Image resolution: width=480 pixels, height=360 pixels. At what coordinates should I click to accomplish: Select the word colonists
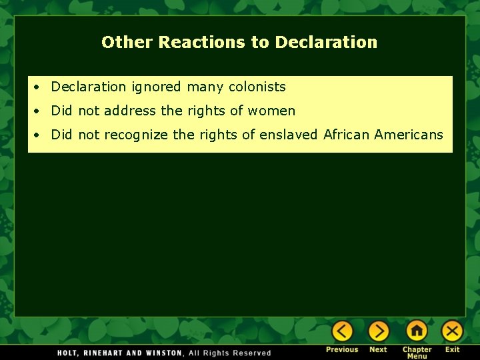pos(257,87)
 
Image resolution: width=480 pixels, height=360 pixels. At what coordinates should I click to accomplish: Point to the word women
pos(271,111)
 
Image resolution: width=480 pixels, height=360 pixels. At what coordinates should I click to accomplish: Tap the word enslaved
pos(289,135)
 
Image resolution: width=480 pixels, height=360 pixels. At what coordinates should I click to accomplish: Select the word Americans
pos(409,135)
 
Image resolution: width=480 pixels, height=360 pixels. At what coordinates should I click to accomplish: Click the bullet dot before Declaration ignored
pos(40,87)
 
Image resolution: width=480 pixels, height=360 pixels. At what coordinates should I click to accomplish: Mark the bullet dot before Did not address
pos(40,111)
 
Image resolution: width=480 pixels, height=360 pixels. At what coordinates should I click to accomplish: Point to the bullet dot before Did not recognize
pos(40,135)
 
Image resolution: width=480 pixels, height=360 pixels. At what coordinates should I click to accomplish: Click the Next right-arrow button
pos(379,331)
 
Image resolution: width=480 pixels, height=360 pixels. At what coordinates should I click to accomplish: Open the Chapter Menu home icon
pos(417,331)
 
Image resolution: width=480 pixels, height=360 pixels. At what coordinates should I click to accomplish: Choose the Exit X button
pos(452,331)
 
